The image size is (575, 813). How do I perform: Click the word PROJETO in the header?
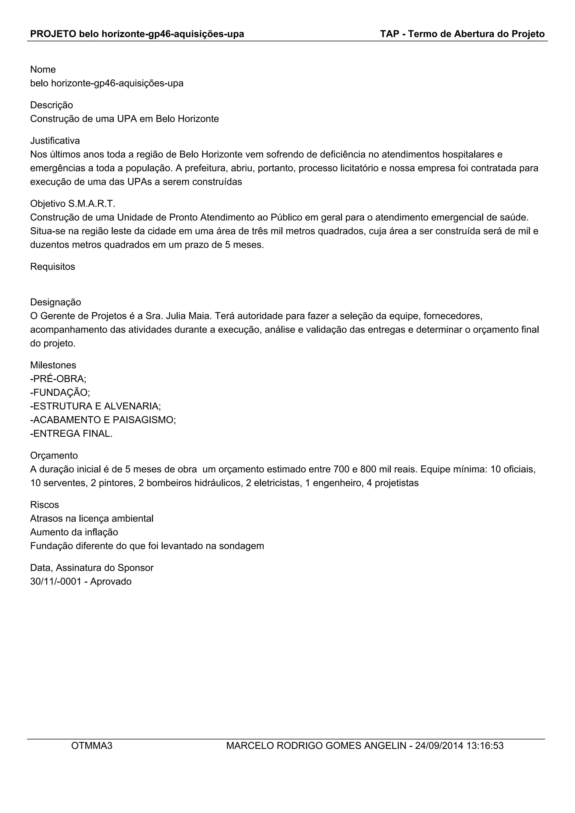point(53,34)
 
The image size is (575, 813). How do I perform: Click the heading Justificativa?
point(55,141)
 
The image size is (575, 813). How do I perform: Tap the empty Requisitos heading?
point(53,267)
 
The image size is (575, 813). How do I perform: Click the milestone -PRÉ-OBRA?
point(58,379)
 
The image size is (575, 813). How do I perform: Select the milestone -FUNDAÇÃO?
point(60,392)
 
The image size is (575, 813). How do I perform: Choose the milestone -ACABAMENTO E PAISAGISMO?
point(103,420)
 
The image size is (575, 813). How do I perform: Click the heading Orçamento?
point(54,455)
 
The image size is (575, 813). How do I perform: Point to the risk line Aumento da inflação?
point(74,532)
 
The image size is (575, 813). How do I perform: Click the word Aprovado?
point(111,581)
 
